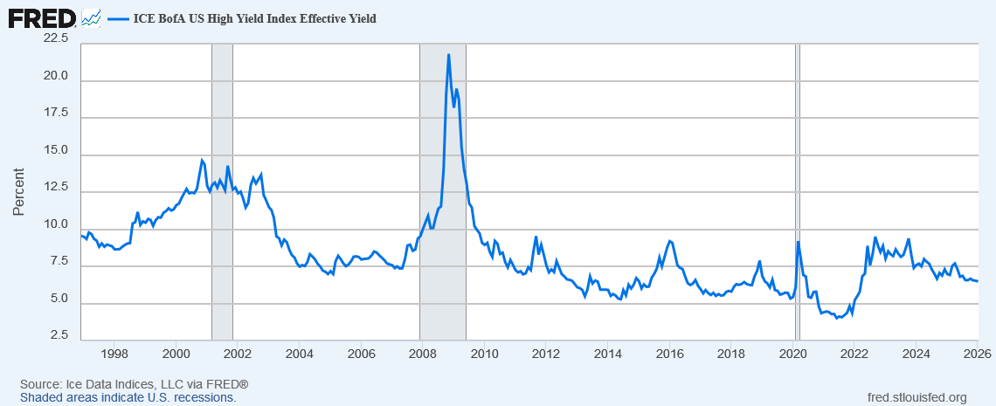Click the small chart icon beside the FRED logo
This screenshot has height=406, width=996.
91,17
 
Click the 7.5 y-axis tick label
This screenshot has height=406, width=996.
59,261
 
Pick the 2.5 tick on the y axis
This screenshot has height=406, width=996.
59,334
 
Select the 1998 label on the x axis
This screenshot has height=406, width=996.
114,354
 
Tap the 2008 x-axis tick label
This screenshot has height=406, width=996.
422,354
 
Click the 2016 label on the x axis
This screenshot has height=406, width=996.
669,354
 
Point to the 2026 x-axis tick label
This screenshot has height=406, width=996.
976,354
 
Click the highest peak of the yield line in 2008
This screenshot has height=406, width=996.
448,55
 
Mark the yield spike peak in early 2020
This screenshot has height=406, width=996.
799,242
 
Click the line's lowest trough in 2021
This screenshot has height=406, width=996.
837,318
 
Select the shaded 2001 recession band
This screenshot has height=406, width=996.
222,192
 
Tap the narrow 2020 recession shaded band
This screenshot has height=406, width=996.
797,192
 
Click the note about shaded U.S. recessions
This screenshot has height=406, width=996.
128,397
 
